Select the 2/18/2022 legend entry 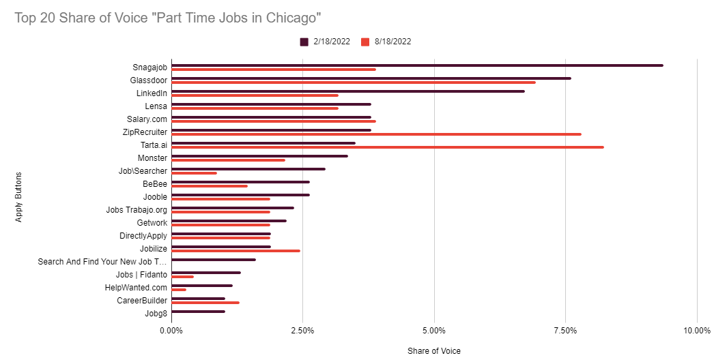[326, 42]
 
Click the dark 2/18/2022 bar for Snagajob [417, 65]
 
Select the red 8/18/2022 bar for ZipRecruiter [376, 134]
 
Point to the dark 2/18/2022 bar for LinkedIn [347, 91]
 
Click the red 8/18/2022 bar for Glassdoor [353, 82]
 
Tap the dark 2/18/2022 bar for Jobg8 [198, 312]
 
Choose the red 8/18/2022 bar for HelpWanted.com [179, 290]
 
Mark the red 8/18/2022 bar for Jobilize [235, 251]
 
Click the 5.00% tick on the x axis [434, 331]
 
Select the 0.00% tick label [171, 331]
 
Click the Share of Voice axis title [433, 351]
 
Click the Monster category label [152, 158]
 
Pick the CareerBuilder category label [142, 300]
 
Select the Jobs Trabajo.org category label [137, 209]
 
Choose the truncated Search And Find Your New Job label [102, 261]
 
